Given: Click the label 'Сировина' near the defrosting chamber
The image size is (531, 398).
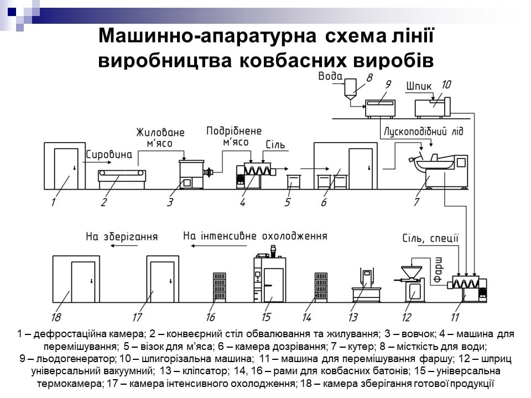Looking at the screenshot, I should point(110,155).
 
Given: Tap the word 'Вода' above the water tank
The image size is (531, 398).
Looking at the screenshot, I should point(330,76).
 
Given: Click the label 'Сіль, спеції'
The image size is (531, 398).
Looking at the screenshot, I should point(430,239).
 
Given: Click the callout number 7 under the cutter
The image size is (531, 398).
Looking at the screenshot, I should point(416,201).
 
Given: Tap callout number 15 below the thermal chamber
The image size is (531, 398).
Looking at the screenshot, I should point(266,317).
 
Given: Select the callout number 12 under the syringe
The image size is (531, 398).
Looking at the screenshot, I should point(407,317).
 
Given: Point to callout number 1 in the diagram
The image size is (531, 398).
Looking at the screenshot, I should point(54,201).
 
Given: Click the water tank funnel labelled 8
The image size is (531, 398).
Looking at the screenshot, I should point(350,89).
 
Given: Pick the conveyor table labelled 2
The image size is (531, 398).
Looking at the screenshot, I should point(123,177).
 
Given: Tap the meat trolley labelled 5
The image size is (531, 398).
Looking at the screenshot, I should point(294,181).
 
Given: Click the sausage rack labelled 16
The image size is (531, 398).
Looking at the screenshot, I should point(219,287).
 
